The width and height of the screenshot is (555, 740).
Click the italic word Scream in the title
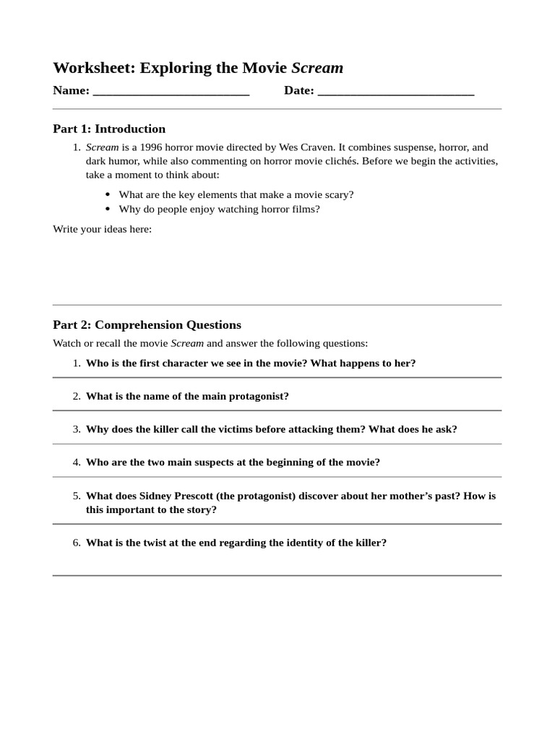[317, 68]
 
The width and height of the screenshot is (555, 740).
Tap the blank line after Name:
[171, 92]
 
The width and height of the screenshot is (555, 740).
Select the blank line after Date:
[395, 92]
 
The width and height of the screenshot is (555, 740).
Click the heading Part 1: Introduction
[109, 129]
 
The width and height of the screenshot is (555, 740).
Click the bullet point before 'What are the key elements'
[108, 194]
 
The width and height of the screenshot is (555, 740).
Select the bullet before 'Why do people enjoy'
[108, 210]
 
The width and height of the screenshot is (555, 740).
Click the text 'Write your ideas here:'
[102, 229]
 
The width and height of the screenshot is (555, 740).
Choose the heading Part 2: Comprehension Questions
[147, 324]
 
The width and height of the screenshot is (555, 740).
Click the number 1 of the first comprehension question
[76, 363]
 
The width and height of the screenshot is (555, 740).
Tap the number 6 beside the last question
[76, 542]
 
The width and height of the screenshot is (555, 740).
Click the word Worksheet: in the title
[93, 68]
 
